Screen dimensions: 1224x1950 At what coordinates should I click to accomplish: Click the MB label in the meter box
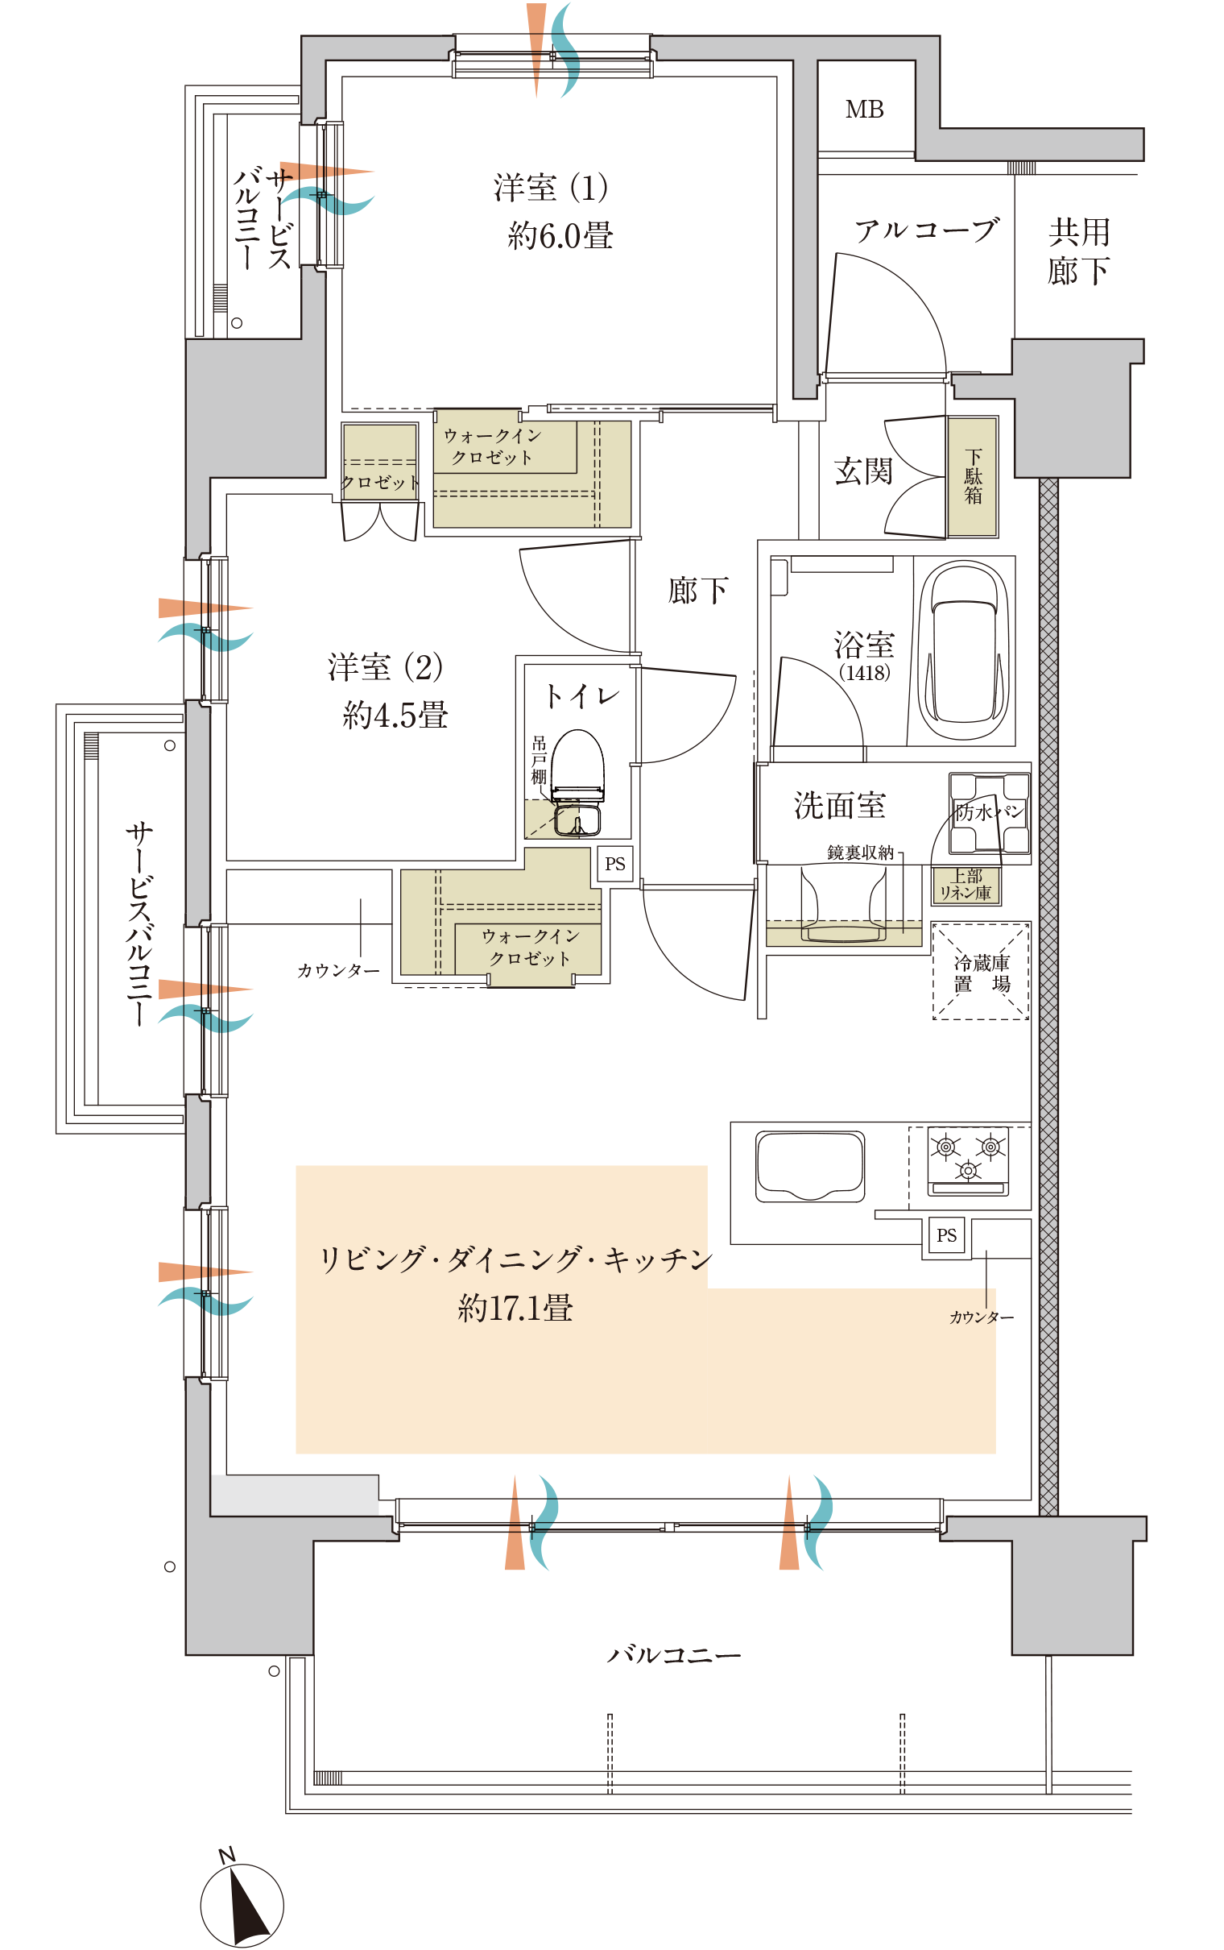click(x=864, y=110)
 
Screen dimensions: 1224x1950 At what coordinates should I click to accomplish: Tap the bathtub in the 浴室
click(x=964, y=649)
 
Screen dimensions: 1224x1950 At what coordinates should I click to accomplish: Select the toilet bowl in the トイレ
click(x=577, y=782)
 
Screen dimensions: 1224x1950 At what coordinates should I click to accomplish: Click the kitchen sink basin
click(x=809, y=1166)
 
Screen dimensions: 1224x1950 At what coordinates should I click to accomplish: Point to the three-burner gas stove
click(x=968, y=1161)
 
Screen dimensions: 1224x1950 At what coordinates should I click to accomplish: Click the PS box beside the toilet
click(x=615, y=864)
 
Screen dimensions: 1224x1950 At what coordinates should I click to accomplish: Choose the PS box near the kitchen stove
click(x=946, y=1236)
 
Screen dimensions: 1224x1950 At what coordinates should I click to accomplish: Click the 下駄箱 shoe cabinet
click(x=972, y=477)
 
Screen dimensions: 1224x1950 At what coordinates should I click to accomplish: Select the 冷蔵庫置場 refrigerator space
click(x=980, y=972)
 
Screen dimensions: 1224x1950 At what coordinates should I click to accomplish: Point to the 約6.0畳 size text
click(x=560, y=235)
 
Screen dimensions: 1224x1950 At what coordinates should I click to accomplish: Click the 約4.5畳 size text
click(x=395, y=715)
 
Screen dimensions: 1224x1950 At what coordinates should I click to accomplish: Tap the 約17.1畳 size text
click(x=515, y=1308)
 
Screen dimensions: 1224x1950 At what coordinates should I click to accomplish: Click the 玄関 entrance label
click(x=864, y=471)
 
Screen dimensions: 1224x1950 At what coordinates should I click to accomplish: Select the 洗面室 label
click(x=839, y=806)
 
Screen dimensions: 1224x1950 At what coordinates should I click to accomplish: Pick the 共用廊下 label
click(x=1079, y=252)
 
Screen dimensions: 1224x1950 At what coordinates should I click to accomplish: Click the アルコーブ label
click(x=927, y=230)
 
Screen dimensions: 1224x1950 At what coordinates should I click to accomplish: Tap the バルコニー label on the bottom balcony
click(x=674, y=1654)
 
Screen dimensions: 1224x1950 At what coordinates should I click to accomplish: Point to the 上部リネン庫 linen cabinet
click(x=966, y=885)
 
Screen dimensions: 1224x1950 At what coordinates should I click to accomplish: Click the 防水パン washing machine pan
click(x=989, y=813)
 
